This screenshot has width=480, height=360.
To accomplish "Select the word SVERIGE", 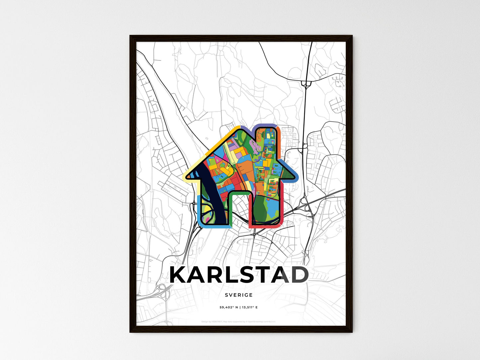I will [x=239, y=295].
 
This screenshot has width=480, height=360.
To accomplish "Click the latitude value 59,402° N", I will [x=228, y=308].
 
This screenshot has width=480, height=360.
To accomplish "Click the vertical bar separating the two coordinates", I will [x=238, y=308].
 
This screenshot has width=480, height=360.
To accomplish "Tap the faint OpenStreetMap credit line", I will [x=239, y=321].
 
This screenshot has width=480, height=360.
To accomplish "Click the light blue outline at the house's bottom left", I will [x=199, y=213].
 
